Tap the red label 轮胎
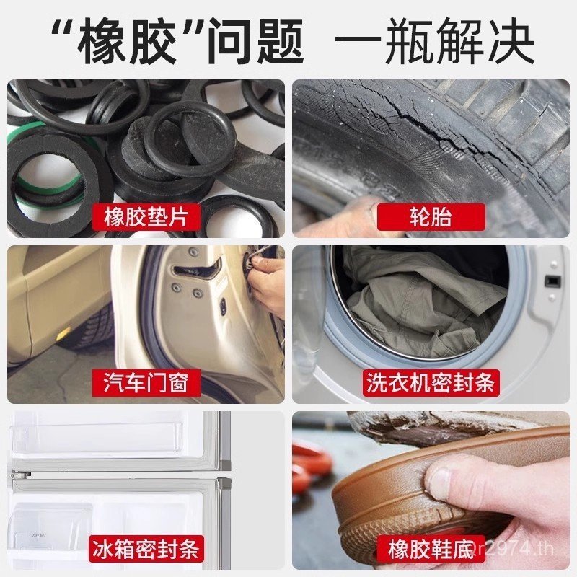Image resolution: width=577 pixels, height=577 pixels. (x=431, y=217)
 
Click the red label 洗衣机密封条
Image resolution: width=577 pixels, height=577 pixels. (x=431, y=383)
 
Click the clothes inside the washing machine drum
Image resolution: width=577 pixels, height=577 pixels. (x=418, y=303)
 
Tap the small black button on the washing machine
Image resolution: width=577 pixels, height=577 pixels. (x=552, y=280)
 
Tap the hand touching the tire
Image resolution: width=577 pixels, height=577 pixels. (x=339, y=216)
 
